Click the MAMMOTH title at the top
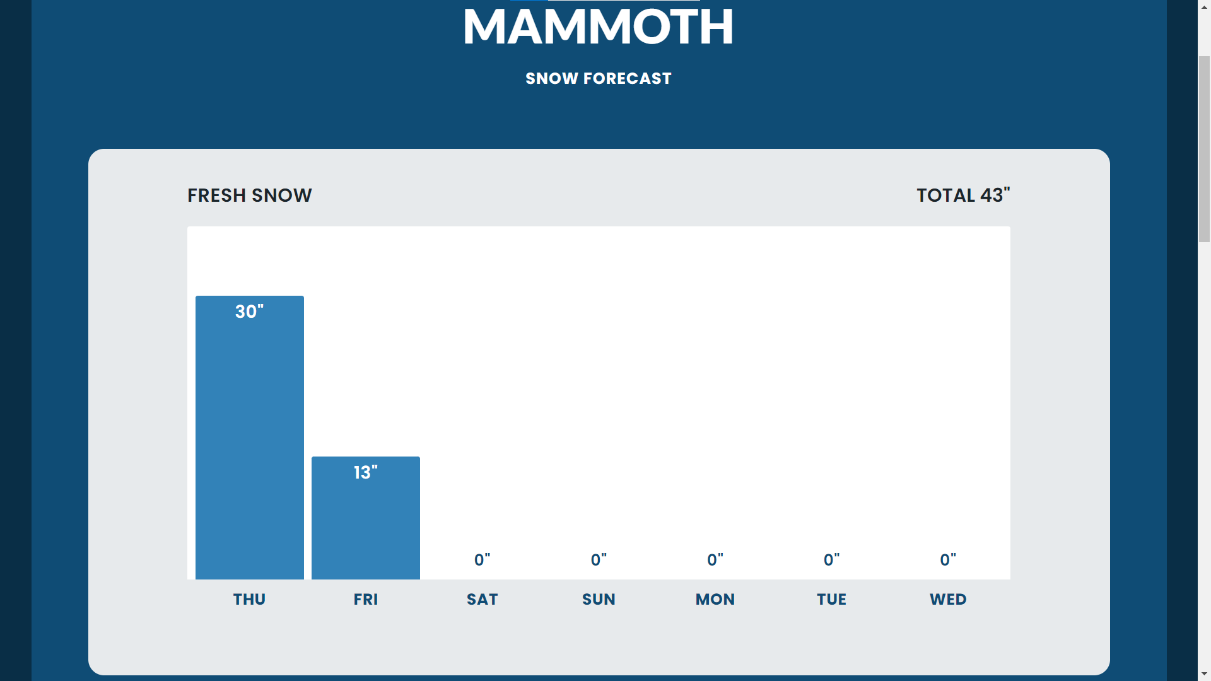[x=598, y=27]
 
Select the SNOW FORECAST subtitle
[x=598, y=78]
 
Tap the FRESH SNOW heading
[x=249, y=195]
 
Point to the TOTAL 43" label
[x=962, y=195]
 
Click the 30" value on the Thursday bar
[x=249, y=311]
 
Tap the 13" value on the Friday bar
[x=365, y=472]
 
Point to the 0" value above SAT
[x=482, y=560]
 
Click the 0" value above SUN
[x=599, y=560]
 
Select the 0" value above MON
[x=715, y=560]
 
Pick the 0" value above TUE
[x=831, y=560]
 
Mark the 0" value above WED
[x=947, y=560]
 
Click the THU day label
[x=249, y=599]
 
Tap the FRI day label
[x=365, y=599]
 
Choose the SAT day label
[x=482, y=599]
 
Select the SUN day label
[x=599, y=599]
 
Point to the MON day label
[x=715, y=599]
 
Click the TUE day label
[x=831, y=599]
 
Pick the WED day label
[x=947, y=599]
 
